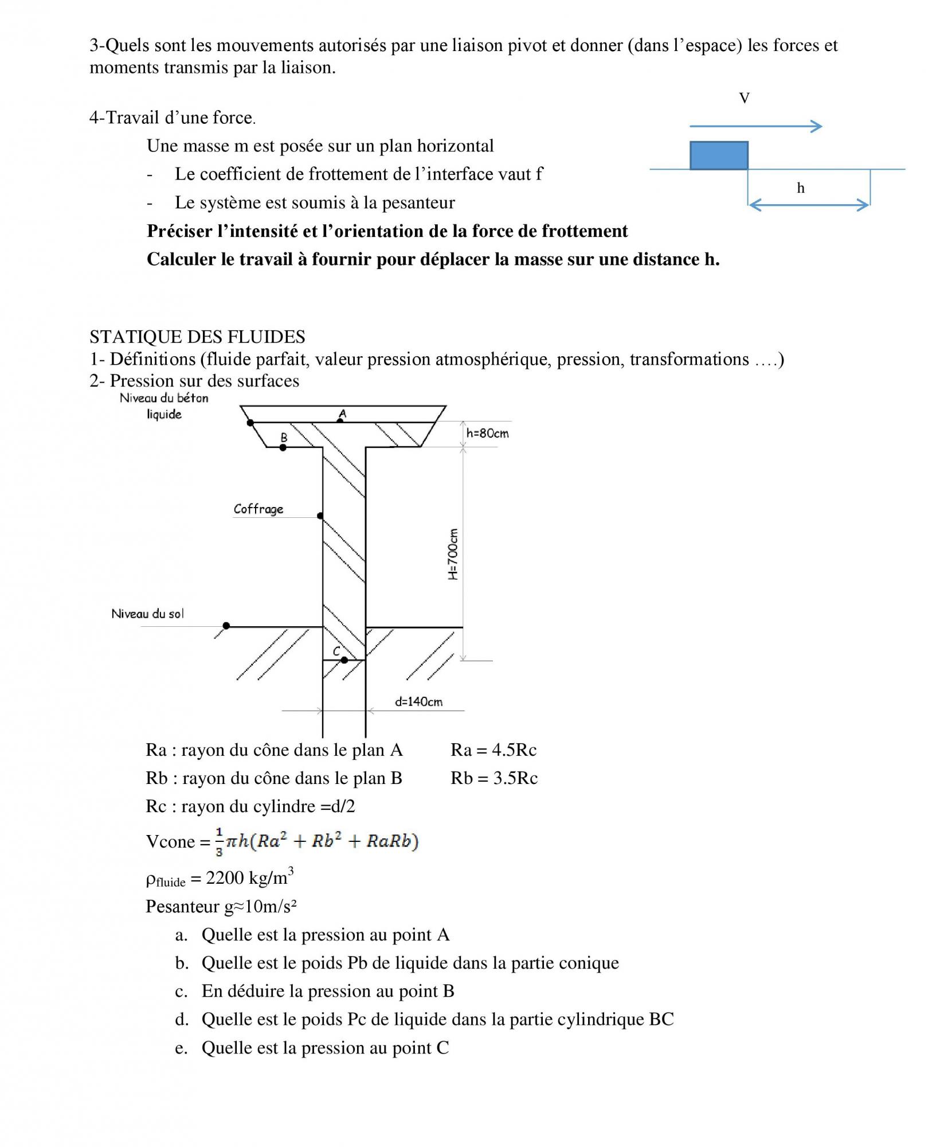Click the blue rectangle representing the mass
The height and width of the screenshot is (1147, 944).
[x=719, y=155]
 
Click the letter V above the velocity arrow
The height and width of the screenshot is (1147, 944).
[x=744, y=99]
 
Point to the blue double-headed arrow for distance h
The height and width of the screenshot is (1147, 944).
[x=808, y=205]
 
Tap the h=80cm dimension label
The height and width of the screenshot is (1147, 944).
[x=487, y=433]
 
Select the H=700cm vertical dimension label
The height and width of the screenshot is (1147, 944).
[x=453, y=554]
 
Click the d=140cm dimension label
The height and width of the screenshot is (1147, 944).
[x=418, y=701]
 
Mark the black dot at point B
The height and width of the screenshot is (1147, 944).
[x=283, y=447]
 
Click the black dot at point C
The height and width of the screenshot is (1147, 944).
[x=344, y=660]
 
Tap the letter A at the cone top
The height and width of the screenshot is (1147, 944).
[x=343, y=413]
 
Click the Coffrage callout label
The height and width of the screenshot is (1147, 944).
[x=258, y=509]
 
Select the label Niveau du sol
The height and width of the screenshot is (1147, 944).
[x=148, y=614]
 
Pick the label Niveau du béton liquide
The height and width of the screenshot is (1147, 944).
[x=164, y=406]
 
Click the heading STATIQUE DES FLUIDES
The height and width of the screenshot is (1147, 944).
[x=197, y=337]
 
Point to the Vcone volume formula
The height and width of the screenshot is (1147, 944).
[x=283, y=841]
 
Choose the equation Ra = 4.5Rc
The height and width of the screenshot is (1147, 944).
[x=493, y=750]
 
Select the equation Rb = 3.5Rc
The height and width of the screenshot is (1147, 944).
[x=494, y=778]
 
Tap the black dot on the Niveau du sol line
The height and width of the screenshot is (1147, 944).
[x=226, y=626]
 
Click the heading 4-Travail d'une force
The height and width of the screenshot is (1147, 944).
[x=172, y=118]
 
